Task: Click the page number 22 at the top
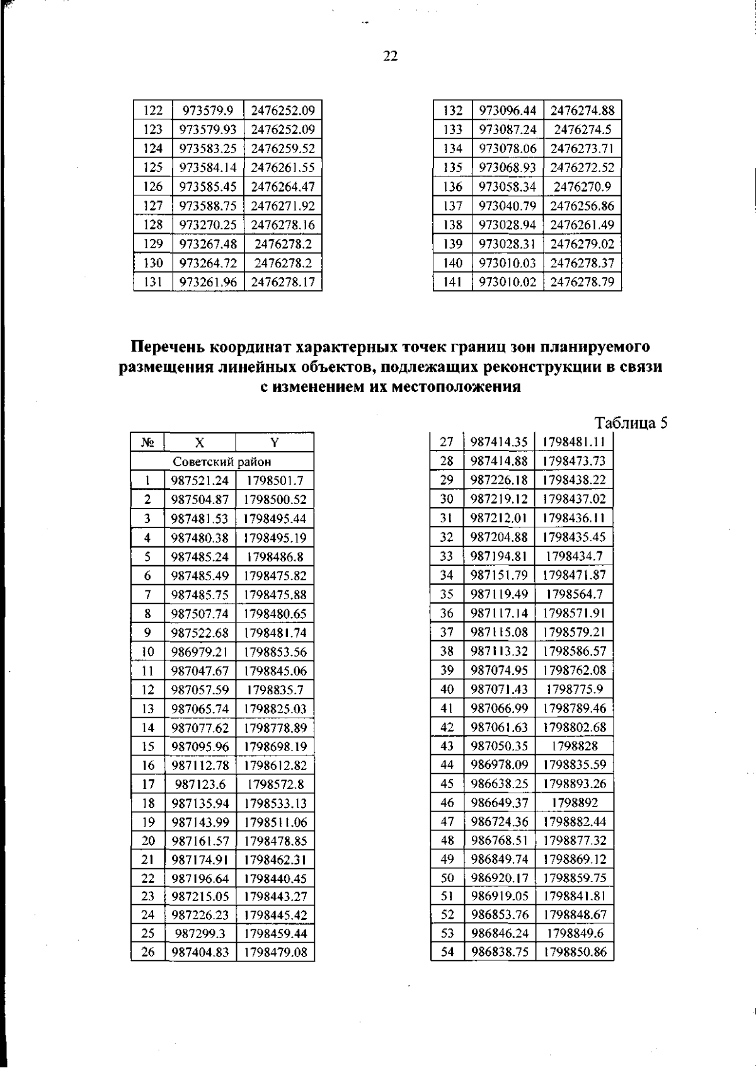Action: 390,57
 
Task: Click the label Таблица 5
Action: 631,422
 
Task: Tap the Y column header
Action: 275,442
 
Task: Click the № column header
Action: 147,442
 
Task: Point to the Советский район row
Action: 222,462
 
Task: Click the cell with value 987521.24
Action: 200,481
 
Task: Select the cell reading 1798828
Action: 574,746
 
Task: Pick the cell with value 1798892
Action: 574,803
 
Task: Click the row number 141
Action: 452,282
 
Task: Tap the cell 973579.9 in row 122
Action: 208,111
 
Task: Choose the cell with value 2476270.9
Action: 582,187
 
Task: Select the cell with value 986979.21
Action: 200,652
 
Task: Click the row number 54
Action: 447,951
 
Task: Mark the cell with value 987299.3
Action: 200,933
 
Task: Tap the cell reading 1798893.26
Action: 574,784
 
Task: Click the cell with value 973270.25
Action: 208,225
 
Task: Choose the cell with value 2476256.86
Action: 582,206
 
